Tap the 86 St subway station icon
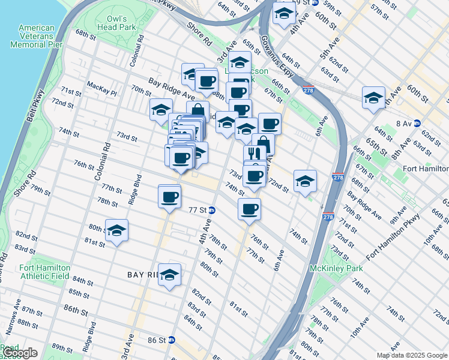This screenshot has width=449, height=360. pyautogui.click(x=171, y=340)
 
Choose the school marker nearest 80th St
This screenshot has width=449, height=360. pyautogui.click(x=117, y=230)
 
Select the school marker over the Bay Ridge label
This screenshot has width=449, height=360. pyautogui.click(x=170, y=274)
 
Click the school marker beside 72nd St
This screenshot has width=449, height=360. pyautogui.click(x=305, y=181)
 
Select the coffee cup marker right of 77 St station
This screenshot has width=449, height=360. pyautogui.click(x=249, y=209)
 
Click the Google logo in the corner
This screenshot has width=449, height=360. pyautogui.click(x=19, y=353)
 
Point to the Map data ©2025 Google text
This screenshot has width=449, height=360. pyautogui.click(x=412, y=355)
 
